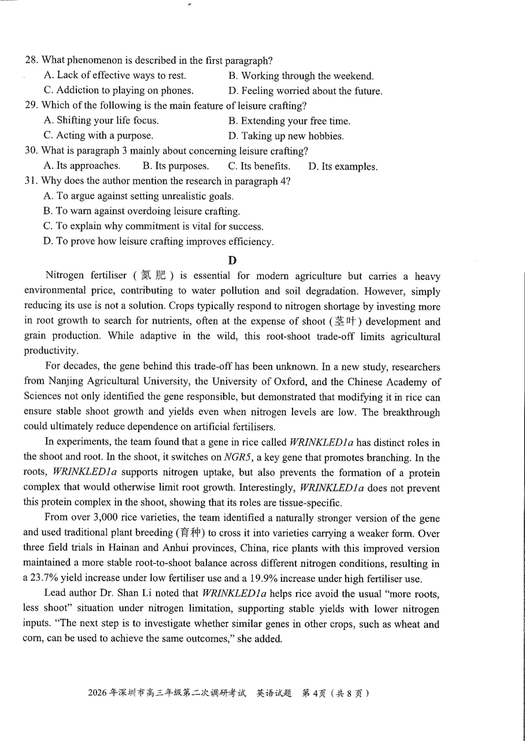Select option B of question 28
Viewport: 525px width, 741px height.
click(300, 76)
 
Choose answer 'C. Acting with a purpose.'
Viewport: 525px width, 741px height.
click(98, 135)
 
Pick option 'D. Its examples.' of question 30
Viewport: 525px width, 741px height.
click(343, 166)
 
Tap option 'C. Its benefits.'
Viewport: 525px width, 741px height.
click(259, 166)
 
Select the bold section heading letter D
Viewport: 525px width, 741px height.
click(232, 260)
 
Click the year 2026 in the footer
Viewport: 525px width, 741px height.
click(98, 693)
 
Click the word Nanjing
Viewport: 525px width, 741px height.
click(65, 382)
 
